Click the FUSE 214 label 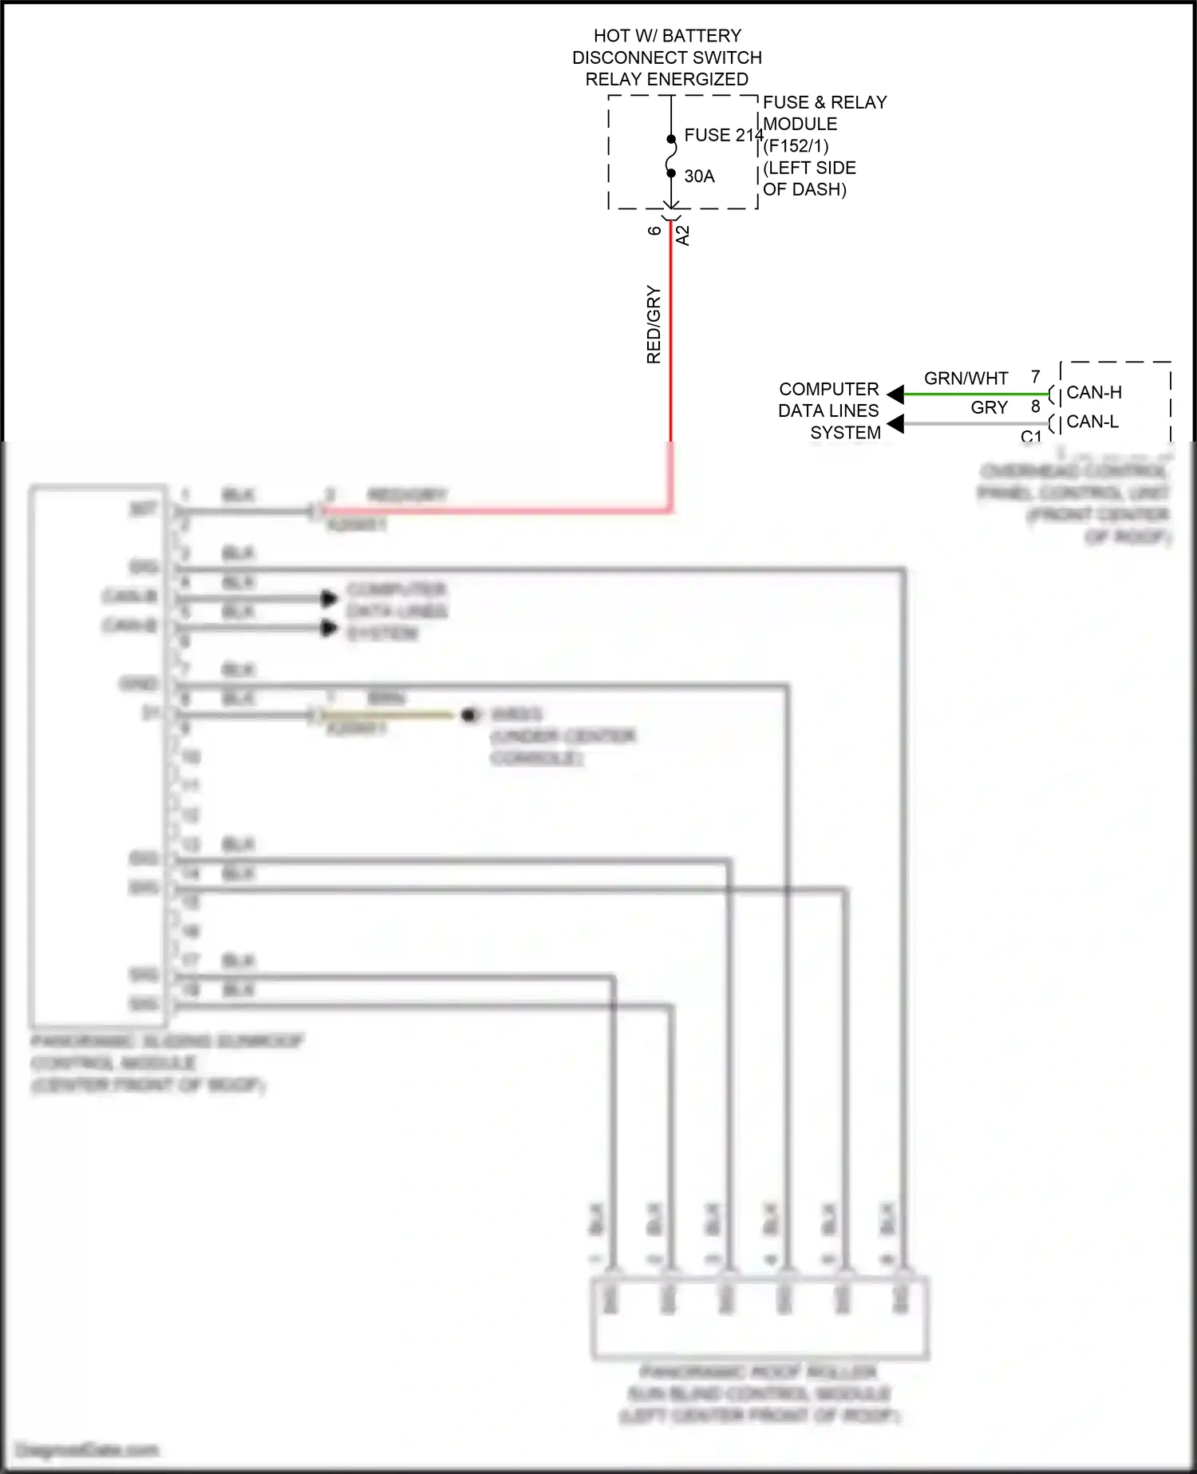(x=723, y=136)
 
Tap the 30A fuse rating (x=699, y=176)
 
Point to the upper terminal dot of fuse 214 (x=671, y=140)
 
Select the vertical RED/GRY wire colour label (x=654, y=324)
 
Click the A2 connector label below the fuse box (x=682, y=236)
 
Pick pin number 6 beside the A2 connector (x=654, y=231)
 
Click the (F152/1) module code (x=796, y=146)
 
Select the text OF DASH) (x=804, y=190)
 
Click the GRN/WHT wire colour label (x=966, y=378)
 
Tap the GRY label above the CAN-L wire (x=989, y=408)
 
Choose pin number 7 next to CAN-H (x=1035, y=377)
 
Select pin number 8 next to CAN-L (x=1035, y=406)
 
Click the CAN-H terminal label (x=1094, y=393)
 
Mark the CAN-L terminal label (x=1092, y=422)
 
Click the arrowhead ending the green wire (x=896, y=394)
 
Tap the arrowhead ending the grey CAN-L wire (x=896, y=423)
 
